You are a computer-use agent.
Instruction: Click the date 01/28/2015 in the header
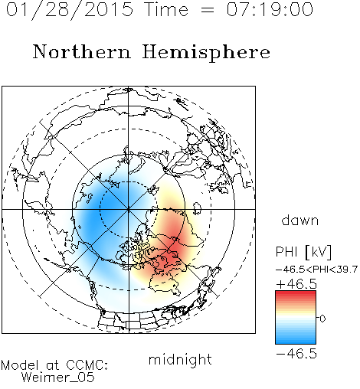tap(70, 10)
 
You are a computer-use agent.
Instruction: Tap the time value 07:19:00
tap(270, 9)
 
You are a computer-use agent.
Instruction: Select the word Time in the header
tap(166, 9)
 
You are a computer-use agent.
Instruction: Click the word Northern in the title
tap(82, 51)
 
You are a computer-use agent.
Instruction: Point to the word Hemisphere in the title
tap(206, 53)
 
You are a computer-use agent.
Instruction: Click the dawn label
tap(300, 221)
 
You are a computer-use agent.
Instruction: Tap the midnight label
tap(180, 359)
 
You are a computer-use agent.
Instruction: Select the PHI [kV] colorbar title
tap(303, 252)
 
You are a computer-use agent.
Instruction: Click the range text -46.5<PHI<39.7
tap(316, 270)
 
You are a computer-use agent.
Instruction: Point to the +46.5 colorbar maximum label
tap(296, 284)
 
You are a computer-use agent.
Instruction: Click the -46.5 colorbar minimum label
tap(296, 354)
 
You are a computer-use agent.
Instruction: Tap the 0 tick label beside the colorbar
tap(322, 319)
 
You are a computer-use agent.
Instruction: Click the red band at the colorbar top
tap(296, 294)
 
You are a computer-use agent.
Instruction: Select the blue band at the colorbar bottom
tap(296, 341)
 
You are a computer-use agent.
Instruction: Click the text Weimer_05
tap(58, 378)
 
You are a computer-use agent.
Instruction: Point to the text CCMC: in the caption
tap(87, 365)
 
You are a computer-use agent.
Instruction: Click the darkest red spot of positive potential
tap(175, 249)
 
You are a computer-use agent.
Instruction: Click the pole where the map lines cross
tap(129, 209)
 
